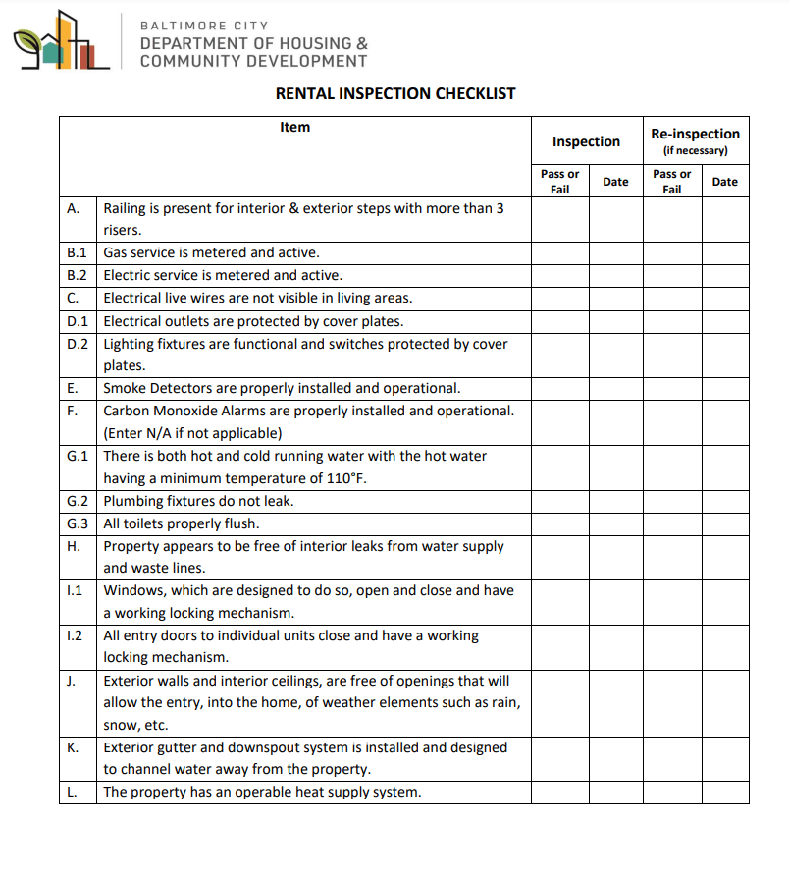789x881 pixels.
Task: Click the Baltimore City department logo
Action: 61,41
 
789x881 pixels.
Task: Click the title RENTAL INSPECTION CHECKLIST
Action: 395,94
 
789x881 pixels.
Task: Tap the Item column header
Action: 294,127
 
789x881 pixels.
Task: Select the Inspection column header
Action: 586,141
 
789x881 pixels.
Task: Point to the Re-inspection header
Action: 695,134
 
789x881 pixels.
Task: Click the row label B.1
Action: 78,252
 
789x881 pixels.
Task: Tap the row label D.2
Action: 78,344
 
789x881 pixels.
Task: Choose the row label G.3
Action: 78,523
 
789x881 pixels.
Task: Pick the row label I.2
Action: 75,635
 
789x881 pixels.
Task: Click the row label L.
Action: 73,792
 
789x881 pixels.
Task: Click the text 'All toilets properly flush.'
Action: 182,523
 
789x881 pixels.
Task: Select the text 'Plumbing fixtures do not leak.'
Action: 198,501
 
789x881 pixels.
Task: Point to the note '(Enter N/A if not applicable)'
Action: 192,433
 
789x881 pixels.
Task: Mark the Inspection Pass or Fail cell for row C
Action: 559,298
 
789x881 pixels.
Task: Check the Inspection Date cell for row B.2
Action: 615,275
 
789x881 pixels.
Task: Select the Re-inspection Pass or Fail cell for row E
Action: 672,388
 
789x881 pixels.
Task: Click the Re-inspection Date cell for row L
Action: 725,792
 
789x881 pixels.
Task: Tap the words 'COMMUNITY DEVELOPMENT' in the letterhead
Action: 253,61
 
